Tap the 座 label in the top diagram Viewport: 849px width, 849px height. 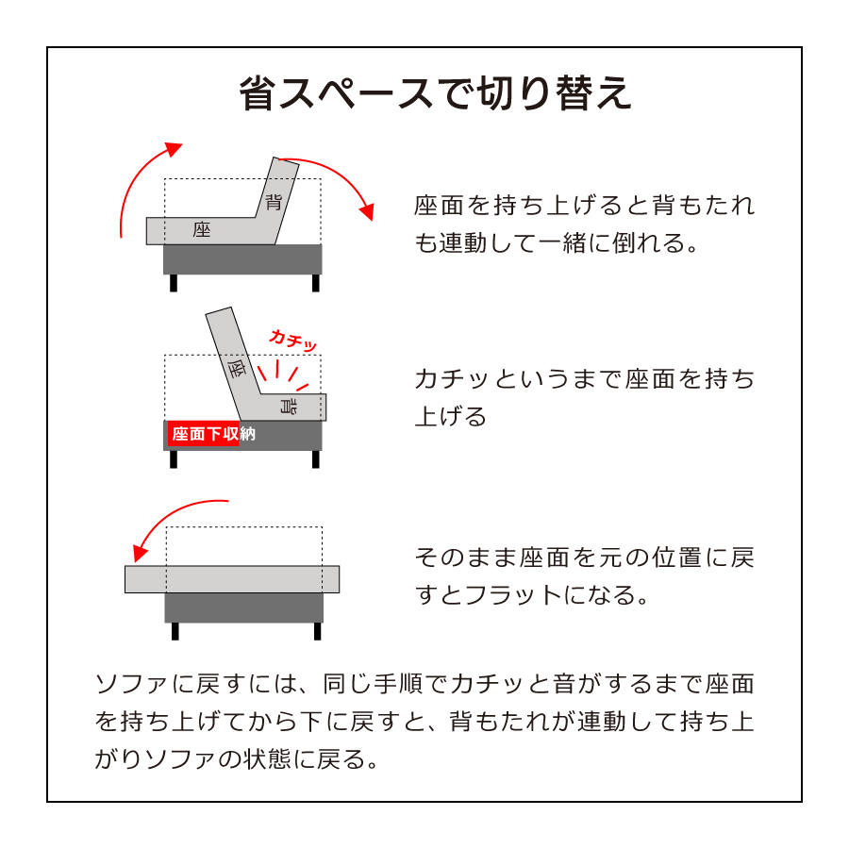pyautogui.click(x=201, y=229)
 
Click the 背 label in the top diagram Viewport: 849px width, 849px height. pyautogui.click(x=274, y=200)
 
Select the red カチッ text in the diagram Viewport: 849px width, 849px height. pyautogui.click(x=292, y=341)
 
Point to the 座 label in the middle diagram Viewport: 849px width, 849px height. pyautogui.click(x=236, y=368)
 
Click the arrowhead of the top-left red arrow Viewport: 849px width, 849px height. pyautogui.click(x=173, y=149)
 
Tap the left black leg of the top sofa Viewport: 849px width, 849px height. pyautogui.click(x=174, y=283)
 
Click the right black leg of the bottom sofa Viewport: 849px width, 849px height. pyautogui.click(x=317, y=631)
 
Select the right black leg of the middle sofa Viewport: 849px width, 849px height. pyautogui.click(x=315, y=459)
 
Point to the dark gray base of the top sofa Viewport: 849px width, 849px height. pyautogui.click(x=242, y=259)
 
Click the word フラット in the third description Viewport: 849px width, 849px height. pyautogui.click(x=500, y=595)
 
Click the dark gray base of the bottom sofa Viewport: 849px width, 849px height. pyautogui.click(x=243, y=608)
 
